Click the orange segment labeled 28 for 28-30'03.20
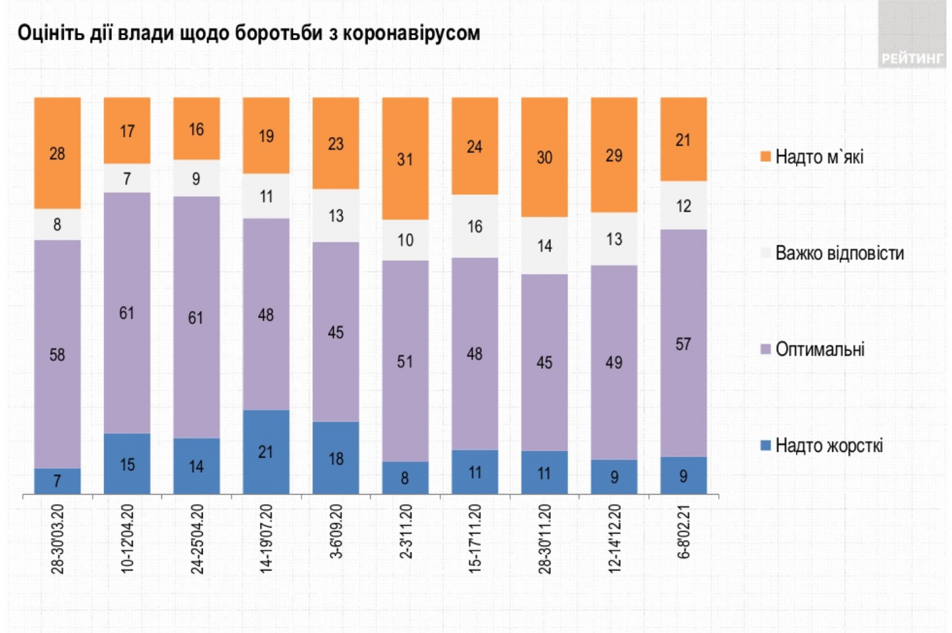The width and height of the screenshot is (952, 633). coord(57,153)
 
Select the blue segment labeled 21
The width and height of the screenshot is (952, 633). coord(266,452)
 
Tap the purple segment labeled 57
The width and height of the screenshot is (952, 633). coord(683,343)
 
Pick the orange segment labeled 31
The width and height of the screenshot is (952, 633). coord(405,159)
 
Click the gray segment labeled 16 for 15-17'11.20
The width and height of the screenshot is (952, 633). coord(475,226)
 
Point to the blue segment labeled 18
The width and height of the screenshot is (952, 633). coord(336,458)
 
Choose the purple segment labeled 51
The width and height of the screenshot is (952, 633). coord(405,361)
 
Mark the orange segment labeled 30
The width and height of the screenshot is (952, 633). coord(544,157)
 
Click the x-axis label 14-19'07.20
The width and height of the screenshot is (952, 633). coord(266,538)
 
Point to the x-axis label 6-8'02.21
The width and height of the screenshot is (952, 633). coord(684,532)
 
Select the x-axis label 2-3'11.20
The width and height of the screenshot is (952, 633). coord(406,532)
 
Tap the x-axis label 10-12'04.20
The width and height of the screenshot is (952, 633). coord(127,538)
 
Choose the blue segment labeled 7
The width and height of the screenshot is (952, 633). coord(57,481)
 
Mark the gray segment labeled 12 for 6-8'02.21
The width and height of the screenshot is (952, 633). coord(683,206)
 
